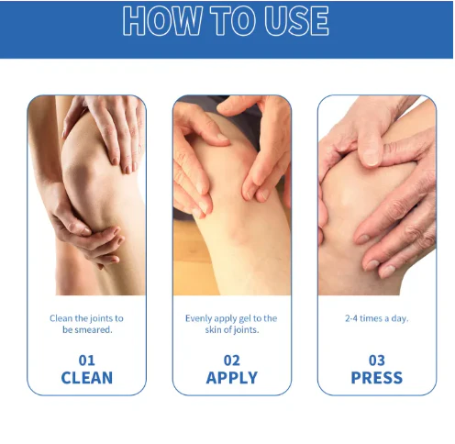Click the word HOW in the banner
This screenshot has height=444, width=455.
162,21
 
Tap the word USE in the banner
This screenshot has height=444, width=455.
296,21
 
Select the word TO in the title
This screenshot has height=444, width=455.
233,21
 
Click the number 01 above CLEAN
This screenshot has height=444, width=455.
87,361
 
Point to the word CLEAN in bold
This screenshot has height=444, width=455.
87,378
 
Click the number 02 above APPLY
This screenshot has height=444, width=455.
232,361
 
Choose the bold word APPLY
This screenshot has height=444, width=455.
232,378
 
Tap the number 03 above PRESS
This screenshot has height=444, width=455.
377,361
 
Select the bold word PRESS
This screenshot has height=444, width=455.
377,378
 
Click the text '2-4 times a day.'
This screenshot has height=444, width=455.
377,318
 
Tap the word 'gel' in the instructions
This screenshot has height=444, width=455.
244,319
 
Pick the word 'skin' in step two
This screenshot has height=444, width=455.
211,330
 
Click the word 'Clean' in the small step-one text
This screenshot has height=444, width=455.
61,318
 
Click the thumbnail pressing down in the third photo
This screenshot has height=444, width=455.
371,157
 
